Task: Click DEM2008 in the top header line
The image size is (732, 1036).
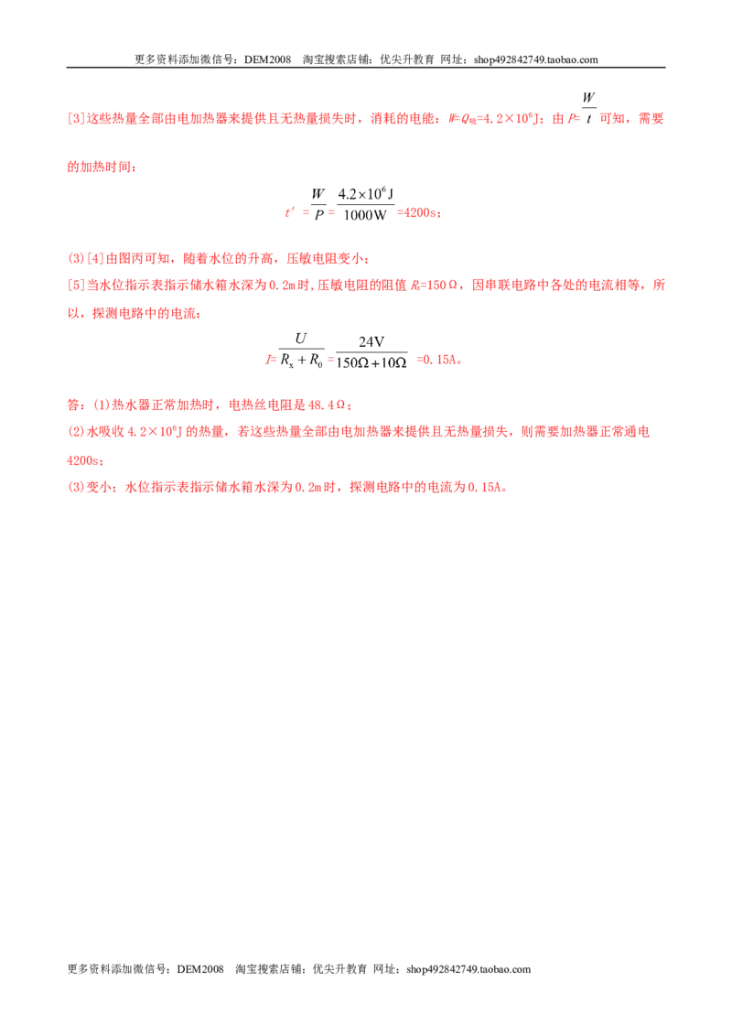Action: (x=267, y=59)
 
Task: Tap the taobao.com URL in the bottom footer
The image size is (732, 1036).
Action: (x=468, y=969)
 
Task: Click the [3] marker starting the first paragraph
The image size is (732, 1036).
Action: (x=76, y=119)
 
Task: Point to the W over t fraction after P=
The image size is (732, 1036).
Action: (x=588, y=108)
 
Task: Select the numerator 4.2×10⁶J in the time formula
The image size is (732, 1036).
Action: (x=365, y=194)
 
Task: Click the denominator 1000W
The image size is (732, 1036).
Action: (x=365, y=215)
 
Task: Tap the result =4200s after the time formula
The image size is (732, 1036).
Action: (x=417, y=212)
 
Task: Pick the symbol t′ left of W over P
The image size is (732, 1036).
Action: (x=289, y=212)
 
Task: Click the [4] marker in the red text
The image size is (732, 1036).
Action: (x=96, y=258)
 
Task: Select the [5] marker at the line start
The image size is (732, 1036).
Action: (x=76, y=286)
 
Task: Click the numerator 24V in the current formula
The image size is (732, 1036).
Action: (x=371, y=341)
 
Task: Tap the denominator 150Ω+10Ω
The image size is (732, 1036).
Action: (x=371, y=362)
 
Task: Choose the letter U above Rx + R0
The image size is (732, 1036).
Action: (x=301, y=339)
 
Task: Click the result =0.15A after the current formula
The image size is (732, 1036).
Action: (x=438, y=360)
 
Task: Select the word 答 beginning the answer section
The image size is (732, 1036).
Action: (x=73, y=405)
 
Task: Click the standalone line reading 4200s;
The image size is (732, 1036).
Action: (x=85, y=460)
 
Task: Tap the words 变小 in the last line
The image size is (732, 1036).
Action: (x=99, y=488)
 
